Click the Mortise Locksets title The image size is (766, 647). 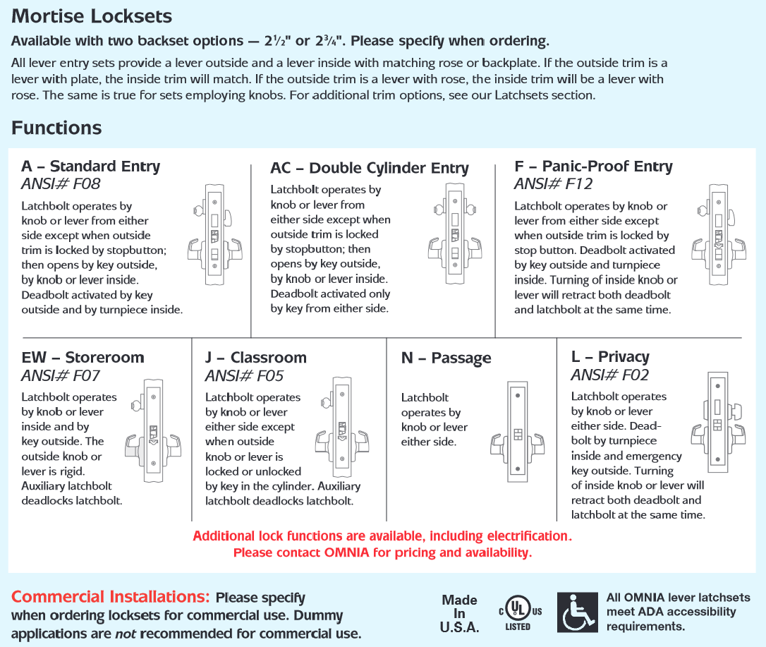click(92, 16)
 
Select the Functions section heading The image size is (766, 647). click(56, 128)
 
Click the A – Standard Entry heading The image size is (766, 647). click(90, 167)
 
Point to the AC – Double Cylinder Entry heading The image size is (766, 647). click(369, 168)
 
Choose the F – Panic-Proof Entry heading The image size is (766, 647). click(593, 167)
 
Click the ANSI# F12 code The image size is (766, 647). click(553, 184)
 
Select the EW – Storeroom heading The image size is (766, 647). click(83, 358)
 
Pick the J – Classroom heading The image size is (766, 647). click(250, 358)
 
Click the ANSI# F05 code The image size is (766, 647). click(244, 375)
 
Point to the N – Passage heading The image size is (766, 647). click(446, 358)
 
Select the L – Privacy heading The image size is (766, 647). click(610, 357)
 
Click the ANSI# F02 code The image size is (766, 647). click(609, 375)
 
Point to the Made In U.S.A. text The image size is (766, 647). click(459, 613)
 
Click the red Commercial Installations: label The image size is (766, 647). click(111, 597)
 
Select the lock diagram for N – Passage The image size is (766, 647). click(517, 432)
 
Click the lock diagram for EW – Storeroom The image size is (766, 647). click(153, 430)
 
